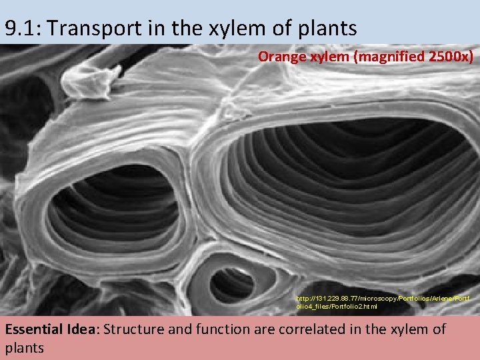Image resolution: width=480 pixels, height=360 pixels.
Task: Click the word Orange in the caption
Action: [281, 56]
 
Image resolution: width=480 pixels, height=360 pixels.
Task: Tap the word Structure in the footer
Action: [133, 329]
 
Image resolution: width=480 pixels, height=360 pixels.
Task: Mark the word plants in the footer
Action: [24, 347]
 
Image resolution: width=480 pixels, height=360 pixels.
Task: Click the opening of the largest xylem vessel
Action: [347, 187]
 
